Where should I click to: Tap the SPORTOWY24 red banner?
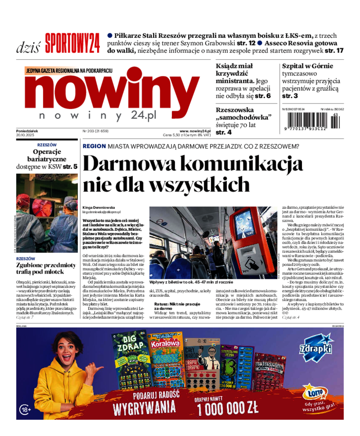pos(72,43)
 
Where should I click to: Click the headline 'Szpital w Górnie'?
pos(307,66)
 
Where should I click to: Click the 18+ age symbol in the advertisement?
pos(25,409)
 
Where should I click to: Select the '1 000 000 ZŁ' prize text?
pos(228,408)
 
